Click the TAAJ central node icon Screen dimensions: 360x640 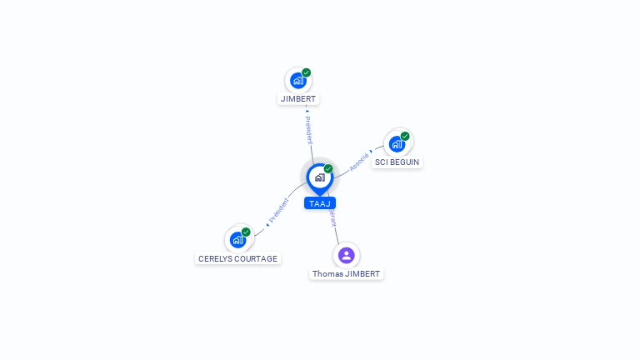click(x=319, y=177)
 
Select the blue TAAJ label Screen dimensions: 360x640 click(x=319, y=203)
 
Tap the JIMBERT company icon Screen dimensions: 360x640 click(x=297, y=81)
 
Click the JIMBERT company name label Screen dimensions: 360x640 click(x=298, y=99)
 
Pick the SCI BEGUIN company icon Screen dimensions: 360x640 click(x=397, y=143)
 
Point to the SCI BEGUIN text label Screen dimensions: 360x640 click(x=397, y=162)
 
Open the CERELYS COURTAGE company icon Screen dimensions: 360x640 click(x=238, y=240)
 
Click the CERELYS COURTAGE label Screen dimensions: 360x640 click(x=237, y=259)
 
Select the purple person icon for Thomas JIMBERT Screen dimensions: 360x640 click(x=347, y=255)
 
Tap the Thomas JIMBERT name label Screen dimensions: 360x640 click(x=346, y=274)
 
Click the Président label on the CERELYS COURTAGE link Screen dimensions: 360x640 click(x=278, y=210)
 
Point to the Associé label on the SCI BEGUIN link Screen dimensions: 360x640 click(x=359, y=161)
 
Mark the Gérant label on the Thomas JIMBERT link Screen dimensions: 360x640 click(x=332, y=218)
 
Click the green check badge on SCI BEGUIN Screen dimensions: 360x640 click(x=405, y=136)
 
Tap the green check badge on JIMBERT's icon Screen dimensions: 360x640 click(x=307, y=73)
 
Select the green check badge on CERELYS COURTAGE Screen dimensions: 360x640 click(x=246, y=232)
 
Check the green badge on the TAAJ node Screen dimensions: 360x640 click(x=328, y=169)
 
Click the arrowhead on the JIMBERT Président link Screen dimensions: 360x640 click(x=307, y=110)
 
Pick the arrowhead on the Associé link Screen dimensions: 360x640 click(x=371, y=152)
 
